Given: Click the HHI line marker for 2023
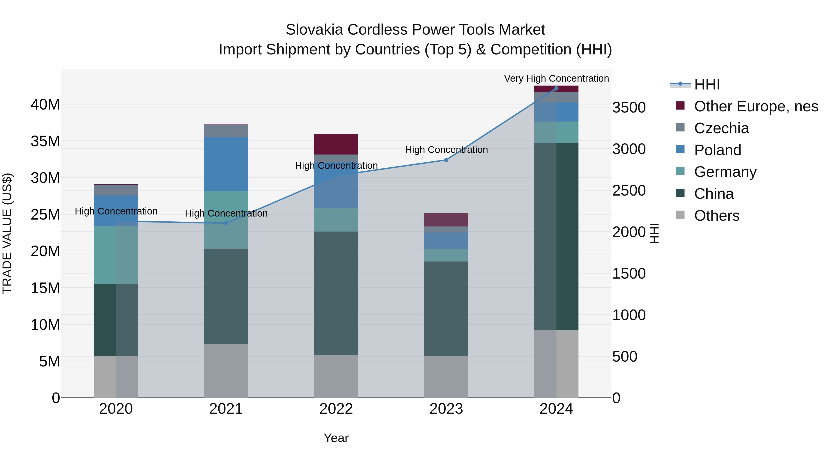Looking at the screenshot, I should pyautogui.click(x=446, y=160).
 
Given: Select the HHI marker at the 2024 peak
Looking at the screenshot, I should pyautogui.click(x=556, y=88).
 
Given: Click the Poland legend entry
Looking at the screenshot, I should pyautogui.click(x=717, y=150).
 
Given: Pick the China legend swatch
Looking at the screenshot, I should pyautogui.click(x=680, y=193).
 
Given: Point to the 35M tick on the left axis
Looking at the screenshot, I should pyautogui.click(x=45, y=141).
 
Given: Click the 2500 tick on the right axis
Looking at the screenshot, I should pyautogui.click(x=629, y=190).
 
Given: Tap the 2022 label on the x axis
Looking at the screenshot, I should pyautogui.click(x=336, y=409).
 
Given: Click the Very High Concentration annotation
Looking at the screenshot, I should pyautogui.click(x=556, y=78).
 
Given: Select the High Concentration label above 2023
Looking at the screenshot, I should pyautogui.click(x=446, y=149).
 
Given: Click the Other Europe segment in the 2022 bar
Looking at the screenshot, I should pyautogui.click(x=336, y=144).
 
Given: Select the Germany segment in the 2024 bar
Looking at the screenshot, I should pyautogui.click(x=556, y=132).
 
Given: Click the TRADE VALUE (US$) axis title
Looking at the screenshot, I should pyautogui.click(x=7, y=233).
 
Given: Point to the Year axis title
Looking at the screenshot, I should pyautogui.click(x=336, y=438).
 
